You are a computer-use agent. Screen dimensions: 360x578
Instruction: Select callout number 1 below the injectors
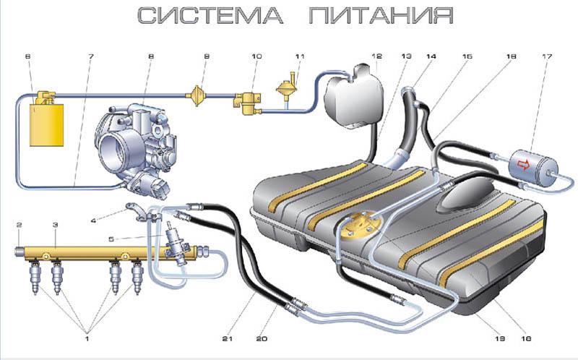point(89,338)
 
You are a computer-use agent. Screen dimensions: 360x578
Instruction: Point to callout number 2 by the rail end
point(20,226)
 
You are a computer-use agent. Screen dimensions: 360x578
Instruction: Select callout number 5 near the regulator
point(109,238)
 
